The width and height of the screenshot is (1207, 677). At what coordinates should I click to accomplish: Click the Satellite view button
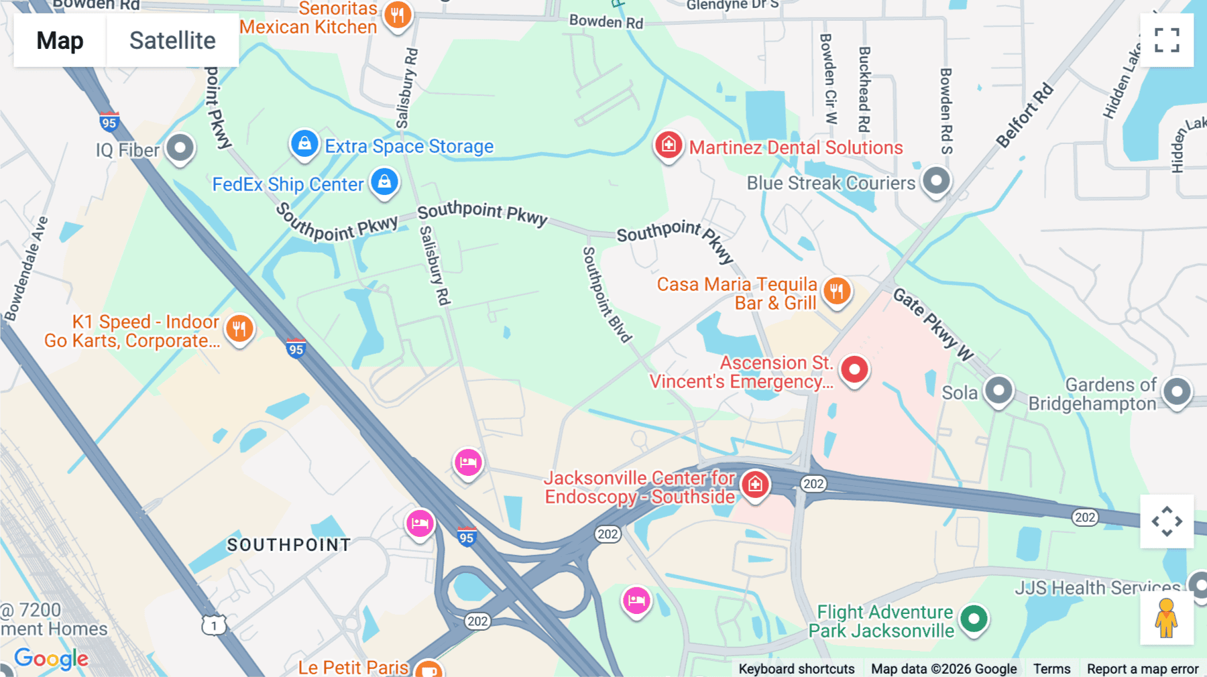pyautogui.click(x=172, y=40)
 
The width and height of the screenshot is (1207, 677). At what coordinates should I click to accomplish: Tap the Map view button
pyautogui.click(x=60, y=40)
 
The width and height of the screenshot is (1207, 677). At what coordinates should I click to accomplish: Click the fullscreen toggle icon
pyautogui.click(x=1167, y=40)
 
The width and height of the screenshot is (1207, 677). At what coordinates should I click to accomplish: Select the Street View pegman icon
pyautogui.click(x=1166, y=618)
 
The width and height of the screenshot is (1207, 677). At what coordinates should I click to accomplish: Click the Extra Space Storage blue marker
pyautogui.click(x=304, y=143)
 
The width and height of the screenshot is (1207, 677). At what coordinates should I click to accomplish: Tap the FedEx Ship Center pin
pyautogui.click(x=384, y=182)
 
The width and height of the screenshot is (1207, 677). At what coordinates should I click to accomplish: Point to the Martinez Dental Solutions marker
pyautogui.click(x=669, y=145)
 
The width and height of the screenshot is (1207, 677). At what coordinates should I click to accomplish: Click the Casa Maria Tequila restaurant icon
pyautogui.click(x=836, y=291)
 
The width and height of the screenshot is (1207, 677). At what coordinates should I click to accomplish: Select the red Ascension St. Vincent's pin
pyautogui.click(x=854, y=369)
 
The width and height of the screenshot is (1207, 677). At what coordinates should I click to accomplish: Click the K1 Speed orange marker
pyautogui.click(x=239, y=328)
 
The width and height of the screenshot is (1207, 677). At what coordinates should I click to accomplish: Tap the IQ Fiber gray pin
pyautogui.click(x=180, y=147)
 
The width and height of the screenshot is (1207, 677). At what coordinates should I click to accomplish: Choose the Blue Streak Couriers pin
pyautogui.click(x=936, y=180)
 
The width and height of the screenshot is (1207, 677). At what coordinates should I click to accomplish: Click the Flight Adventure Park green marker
pyautogui.click(x=974, y=618)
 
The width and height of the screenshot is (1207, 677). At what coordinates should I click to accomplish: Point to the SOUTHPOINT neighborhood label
pyautogui.click(x=288, y=545)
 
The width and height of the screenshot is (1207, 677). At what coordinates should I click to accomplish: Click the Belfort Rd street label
pyautogui.click(x=1024, y=115)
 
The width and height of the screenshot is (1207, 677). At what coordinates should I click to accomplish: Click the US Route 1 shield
pyautogui.click(x=213, y=625)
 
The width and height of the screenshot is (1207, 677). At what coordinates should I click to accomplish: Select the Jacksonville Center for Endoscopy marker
pyautogui.click(x=755, y=483)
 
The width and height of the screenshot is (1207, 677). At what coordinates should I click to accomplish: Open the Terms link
pyautogui.click(x=1051, y=668)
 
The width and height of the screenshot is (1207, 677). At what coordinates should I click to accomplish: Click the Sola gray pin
pyautogui.click(x=998, y=389)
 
